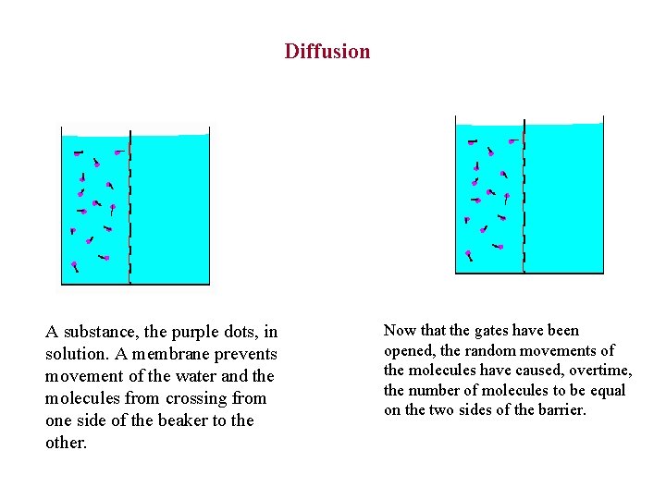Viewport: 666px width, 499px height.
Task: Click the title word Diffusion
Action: pos(327,52)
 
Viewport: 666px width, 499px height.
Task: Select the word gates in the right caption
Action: pos(492,331)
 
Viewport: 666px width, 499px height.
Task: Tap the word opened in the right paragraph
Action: pos(409,351)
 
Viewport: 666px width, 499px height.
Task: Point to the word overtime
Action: pos(602,371)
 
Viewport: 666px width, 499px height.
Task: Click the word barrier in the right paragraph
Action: pos(559,409)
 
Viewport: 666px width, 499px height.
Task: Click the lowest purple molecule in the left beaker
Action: pos(75,266)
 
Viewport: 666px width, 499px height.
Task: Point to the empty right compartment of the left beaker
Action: pos(170,208)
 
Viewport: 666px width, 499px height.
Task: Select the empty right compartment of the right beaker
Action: pos(564,199)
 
